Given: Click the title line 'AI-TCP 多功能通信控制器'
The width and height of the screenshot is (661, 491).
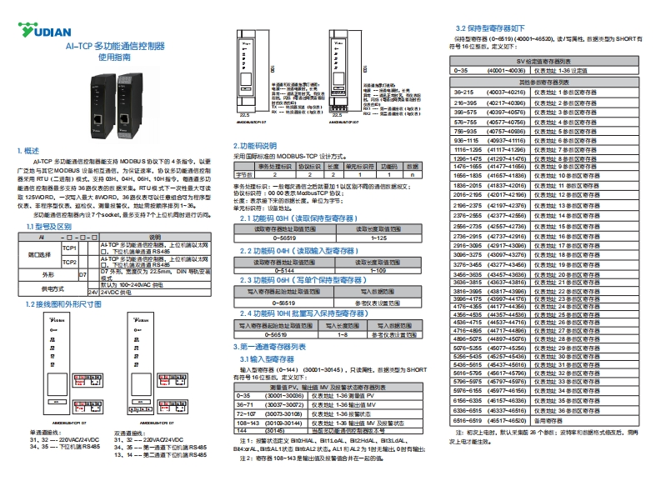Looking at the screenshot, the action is [116, 48].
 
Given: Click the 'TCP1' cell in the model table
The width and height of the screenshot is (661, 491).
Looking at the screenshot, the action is [70, 248].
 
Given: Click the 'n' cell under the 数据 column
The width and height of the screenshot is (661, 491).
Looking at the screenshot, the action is [412, 174].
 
